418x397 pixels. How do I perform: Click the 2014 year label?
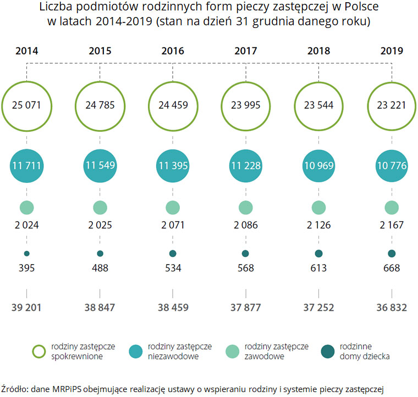click(x=26, y=51)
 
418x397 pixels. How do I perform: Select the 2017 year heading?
click(x=245, y=51)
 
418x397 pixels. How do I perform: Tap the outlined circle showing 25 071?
click(x=26, y=105)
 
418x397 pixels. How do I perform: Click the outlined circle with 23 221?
click(x=391, y=105)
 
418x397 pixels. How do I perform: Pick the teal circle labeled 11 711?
click(x=26, y=165)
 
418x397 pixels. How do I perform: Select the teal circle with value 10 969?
click(x=318, y=165)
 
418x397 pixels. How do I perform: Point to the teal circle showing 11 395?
click(x=173, y=165)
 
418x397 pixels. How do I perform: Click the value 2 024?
click(x=26, y=225)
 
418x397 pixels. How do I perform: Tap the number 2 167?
click(x=391, y=225)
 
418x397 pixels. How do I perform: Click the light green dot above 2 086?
click(x=245, y=208)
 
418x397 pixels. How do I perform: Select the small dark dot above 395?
click(x=26, y=254)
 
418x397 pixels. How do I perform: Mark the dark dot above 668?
click(x=391, y=254)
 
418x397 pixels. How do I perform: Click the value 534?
click(x=173, y=268)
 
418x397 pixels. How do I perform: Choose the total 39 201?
click(x=26, y=307)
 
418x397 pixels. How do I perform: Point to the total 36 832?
click(x=391, y=307)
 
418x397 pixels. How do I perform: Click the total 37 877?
click(x=245, y=307)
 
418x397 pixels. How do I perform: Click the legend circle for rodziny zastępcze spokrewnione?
click(x=39, y=351)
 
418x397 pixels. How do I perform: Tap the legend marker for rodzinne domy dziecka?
click(x=328, y=351)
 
